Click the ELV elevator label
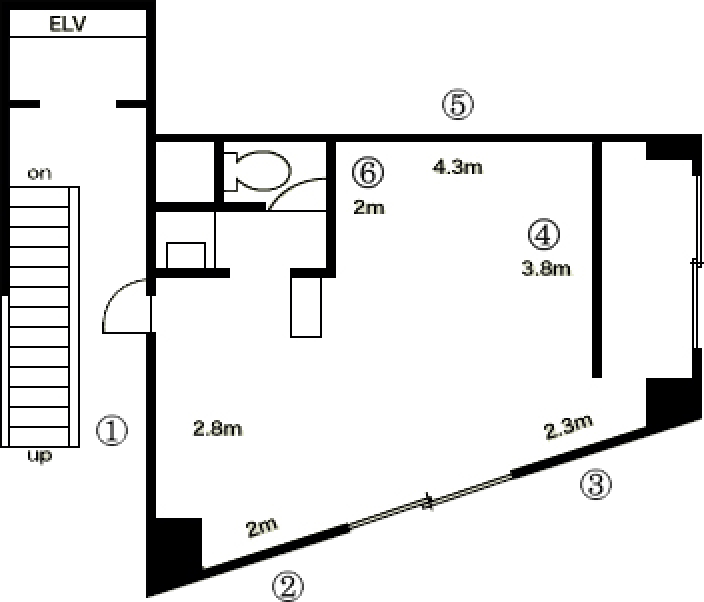click(x=67, y=24)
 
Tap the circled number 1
click(x=112, y=431)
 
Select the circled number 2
click(x=288, y=586)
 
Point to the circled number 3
click(x=596, y=484)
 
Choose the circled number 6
click(x=368, y=172)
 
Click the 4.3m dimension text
click(x=458, y=167)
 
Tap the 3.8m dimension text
click(x=546, y=268)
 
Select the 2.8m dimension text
click(x=218, y=429)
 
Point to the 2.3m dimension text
click(x=568, y=426)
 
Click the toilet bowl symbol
click(x=257, y=171)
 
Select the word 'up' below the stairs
click(x=40, y=456)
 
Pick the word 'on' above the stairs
click(x=40, y=174)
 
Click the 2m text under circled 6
click(x=369, y=207)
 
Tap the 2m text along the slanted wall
click(x=262, y=527)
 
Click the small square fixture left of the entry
click(x=186, y=255)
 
